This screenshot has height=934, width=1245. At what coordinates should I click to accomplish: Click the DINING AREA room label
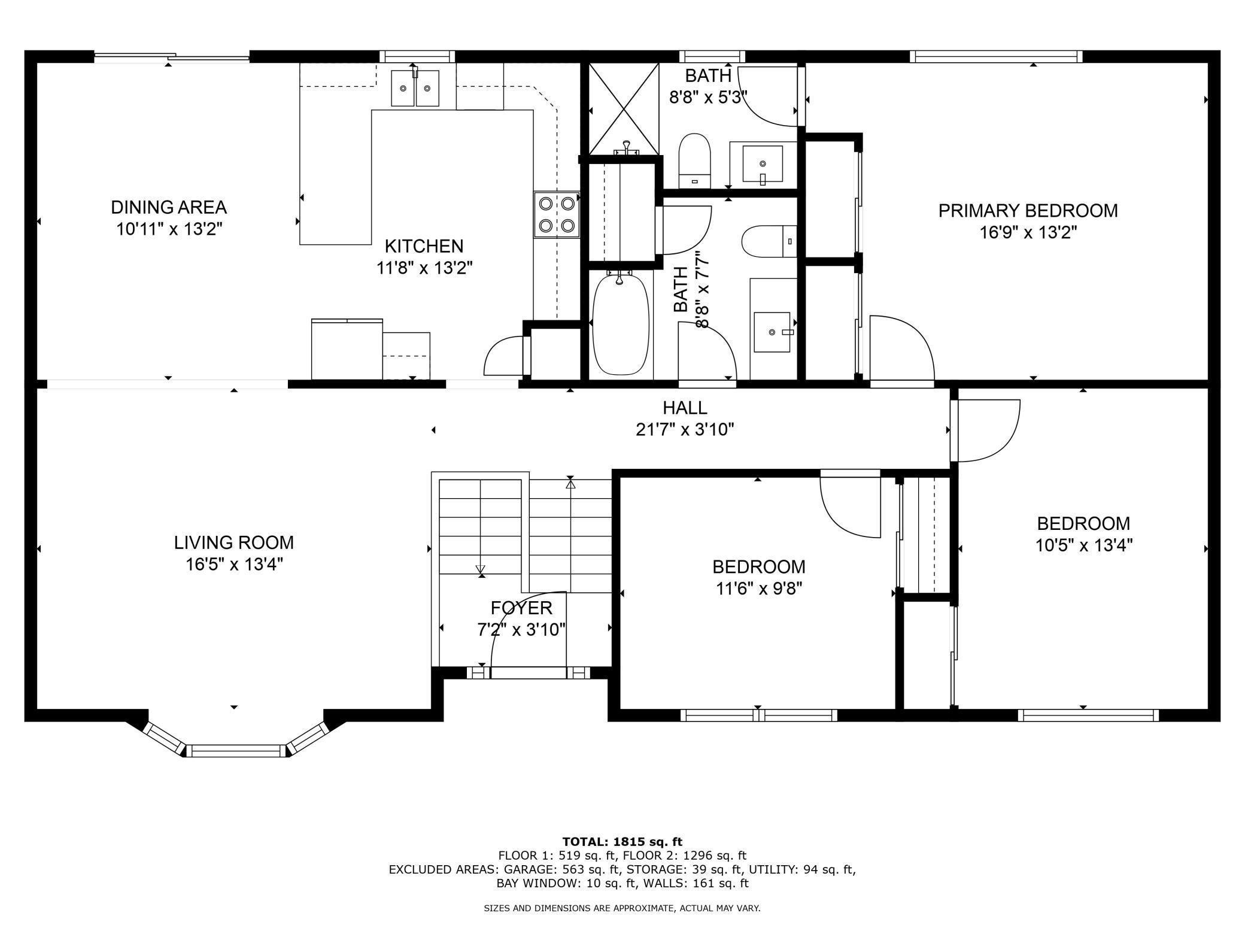click(169, 207)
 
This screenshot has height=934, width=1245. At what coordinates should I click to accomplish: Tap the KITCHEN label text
click(424, 246)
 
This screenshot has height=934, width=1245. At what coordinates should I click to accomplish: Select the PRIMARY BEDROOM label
click(1028, 211)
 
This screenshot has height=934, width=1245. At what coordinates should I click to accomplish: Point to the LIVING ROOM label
click(234, 542)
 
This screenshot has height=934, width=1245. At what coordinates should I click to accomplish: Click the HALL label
click(685, 408)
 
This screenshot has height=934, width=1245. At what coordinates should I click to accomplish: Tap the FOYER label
click(521, 608)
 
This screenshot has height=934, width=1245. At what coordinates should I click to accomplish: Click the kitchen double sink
click(415, 88)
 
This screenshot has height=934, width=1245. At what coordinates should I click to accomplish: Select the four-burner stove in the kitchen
click(557, 215)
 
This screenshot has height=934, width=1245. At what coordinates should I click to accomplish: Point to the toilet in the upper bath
click(694, 160)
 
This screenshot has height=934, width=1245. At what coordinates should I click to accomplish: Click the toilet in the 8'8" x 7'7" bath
click(770, 241)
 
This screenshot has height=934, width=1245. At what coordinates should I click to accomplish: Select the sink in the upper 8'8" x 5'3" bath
click(763, 163)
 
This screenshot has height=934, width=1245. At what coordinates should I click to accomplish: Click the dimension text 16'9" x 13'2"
click(1028, 232)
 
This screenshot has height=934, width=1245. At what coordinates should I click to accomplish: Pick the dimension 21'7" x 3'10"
click(685, 429)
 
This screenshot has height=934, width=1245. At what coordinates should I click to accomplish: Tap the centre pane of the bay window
click(237, 751)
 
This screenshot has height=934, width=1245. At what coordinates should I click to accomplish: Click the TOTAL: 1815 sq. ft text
click(622, 842)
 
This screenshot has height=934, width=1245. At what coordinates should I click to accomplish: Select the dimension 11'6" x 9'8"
click(759, 589)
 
